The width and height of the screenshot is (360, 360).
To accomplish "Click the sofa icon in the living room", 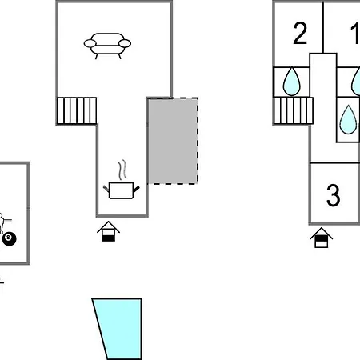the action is pyautogui.click(x=107, y=46).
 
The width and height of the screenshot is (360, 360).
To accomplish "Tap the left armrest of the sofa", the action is pyautogui.click(x=90, y=43).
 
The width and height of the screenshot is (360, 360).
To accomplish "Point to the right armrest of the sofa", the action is pyautogui.click(x=125, y=43).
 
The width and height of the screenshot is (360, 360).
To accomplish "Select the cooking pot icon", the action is pyautogui.click(x=122, y=190).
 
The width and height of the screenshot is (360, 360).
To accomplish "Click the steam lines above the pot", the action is pyautogui.click(x=122, y=170).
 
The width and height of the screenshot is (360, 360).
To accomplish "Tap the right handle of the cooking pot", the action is pyautogui.click(x=136, y=189).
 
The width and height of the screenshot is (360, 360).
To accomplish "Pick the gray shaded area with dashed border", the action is pyautogui.click(x=173, y=141).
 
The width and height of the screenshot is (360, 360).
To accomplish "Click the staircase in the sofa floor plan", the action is pyautogui.click(x=77, y=110).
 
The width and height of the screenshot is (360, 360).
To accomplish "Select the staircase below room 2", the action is pyautogui.click(x=294, y=110).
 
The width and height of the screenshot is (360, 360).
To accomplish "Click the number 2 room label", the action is pyautogui.click(x=300, y=34).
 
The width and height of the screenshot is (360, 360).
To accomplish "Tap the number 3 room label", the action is pyautogui.click(x=334, y=195).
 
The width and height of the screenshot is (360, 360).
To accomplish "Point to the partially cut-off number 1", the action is pyautogui.click(x=356, y=34).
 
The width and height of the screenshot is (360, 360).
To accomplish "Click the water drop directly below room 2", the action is pyautogui.click(x=292, y=82).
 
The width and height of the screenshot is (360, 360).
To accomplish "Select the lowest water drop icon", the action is pyautogui.click(x=348, y=120).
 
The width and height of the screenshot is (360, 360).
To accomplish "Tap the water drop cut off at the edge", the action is pyautogui.click(x=356, y=82).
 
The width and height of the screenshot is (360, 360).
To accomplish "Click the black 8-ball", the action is pyautogui.click(x=10, y=239).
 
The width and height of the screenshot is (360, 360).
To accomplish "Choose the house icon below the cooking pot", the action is pyautogui.click(x=108, y=231).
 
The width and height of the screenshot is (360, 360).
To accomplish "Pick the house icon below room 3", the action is pyautogui.click(x=322, y=238).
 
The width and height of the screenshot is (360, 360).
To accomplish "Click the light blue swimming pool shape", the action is pyautogui.click(x=118, y=329).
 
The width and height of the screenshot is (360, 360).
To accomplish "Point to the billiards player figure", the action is pyautogui.click(x=3, y=222).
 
